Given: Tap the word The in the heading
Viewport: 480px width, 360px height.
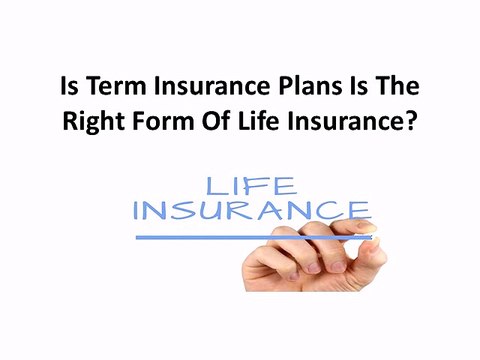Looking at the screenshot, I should (x=398, y=89).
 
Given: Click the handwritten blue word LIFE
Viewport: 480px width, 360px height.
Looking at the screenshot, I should (x=251, y=185).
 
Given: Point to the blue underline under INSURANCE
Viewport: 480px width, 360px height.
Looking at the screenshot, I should (x=250, y=237).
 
